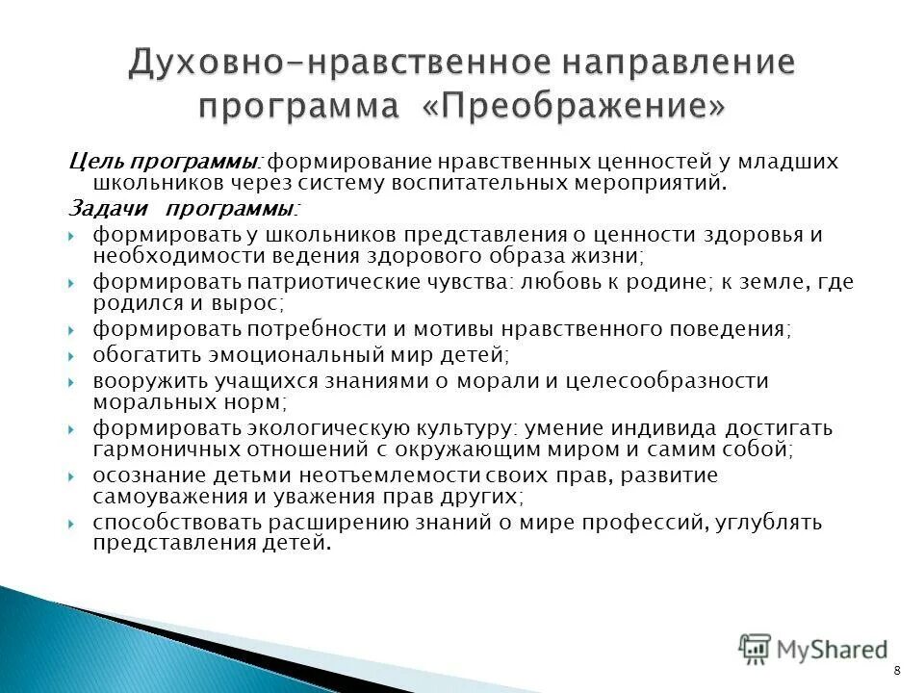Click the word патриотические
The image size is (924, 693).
click(x=335, y=282)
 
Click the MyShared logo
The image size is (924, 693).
click(x=813, y=650)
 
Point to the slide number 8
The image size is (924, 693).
click(x=898, y=670)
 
